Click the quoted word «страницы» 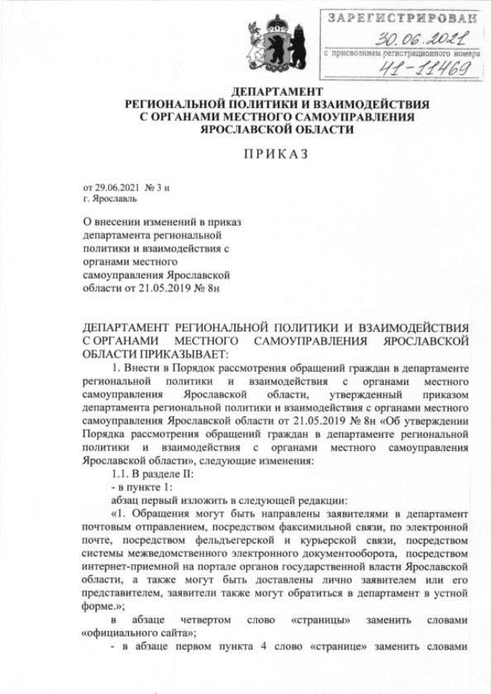click(321, 619)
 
